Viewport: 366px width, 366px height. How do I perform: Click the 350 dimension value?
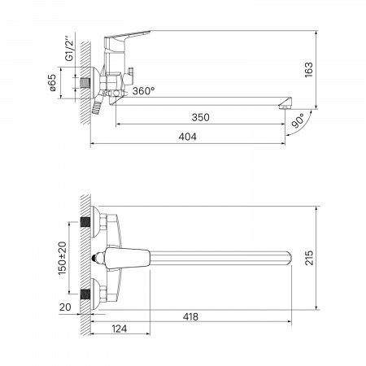point(200,117)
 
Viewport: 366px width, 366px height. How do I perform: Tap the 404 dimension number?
point(187,137)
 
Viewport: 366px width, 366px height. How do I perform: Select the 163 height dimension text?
point(309,70)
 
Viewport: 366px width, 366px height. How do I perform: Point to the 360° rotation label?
point(143,91)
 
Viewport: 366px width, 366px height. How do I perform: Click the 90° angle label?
point(298,120)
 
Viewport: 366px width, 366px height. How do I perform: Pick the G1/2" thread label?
point(70,50)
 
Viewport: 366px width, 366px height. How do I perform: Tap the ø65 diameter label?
point(52,83)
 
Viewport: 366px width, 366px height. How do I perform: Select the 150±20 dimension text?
point(62,258)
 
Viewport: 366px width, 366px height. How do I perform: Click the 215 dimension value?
point(309,258)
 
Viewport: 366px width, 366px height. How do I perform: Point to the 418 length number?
point(190,316)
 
